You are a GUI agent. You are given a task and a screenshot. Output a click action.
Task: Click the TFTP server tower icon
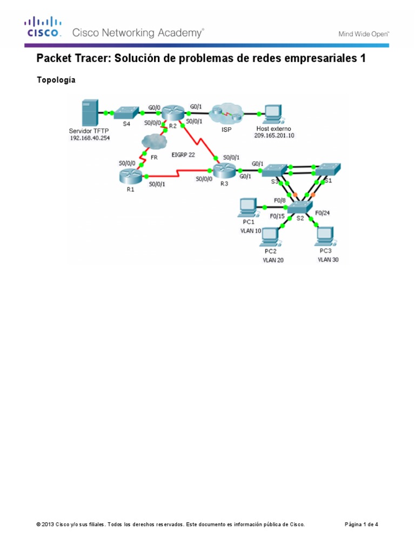(x=90, y=113)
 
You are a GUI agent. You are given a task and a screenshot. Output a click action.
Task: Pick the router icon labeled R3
(x=223, y=172)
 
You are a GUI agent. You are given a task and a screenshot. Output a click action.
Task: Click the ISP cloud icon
(x=226, y=113)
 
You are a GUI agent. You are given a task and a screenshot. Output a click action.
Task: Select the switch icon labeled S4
(x=126, y=112)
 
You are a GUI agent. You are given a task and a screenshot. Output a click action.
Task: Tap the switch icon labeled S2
(x=299, y=207)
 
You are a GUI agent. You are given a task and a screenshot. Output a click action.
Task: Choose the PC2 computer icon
(x=271, y=235)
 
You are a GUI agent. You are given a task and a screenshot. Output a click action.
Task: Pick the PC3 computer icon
(x=325, y=235)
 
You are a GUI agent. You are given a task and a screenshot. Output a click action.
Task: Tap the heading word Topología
(x=56, y=80)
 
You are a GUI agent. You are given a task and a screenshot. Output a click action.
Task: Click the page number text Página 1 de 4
(x=365, y=524)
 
